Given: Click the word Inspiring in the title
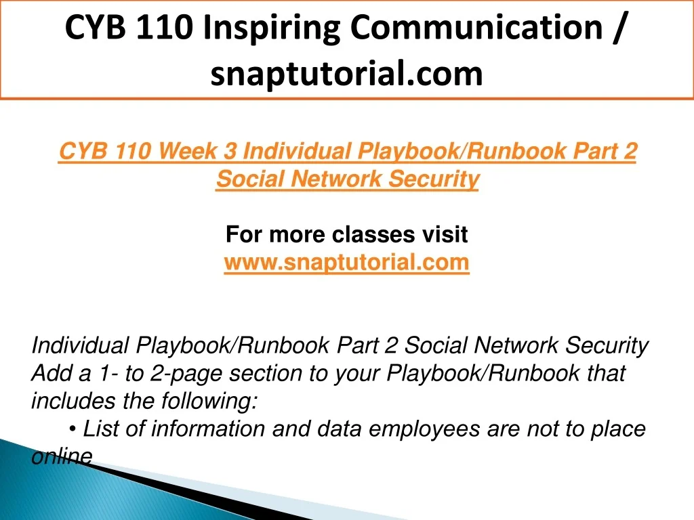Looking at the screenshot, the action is pyautogui.click(x=272, y=28).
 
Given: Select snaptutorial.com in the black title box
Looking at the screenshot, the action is pyautogui.click(x=346, y=73).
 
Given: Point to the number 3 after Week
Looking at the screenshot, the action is pyautogui.click(x=230, y=151).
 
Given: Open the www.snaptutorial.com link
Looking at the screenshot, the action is pyautogui.click(x=346, y=262).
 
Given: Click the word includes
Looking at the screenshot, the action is pyautogui.click(x=73, y=401).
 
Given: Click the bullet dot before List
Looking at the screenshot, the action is pyautogui.click(x=73, y=429).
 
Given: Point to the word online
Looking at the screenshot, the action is pyautogui.click(x=62, y=457).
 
